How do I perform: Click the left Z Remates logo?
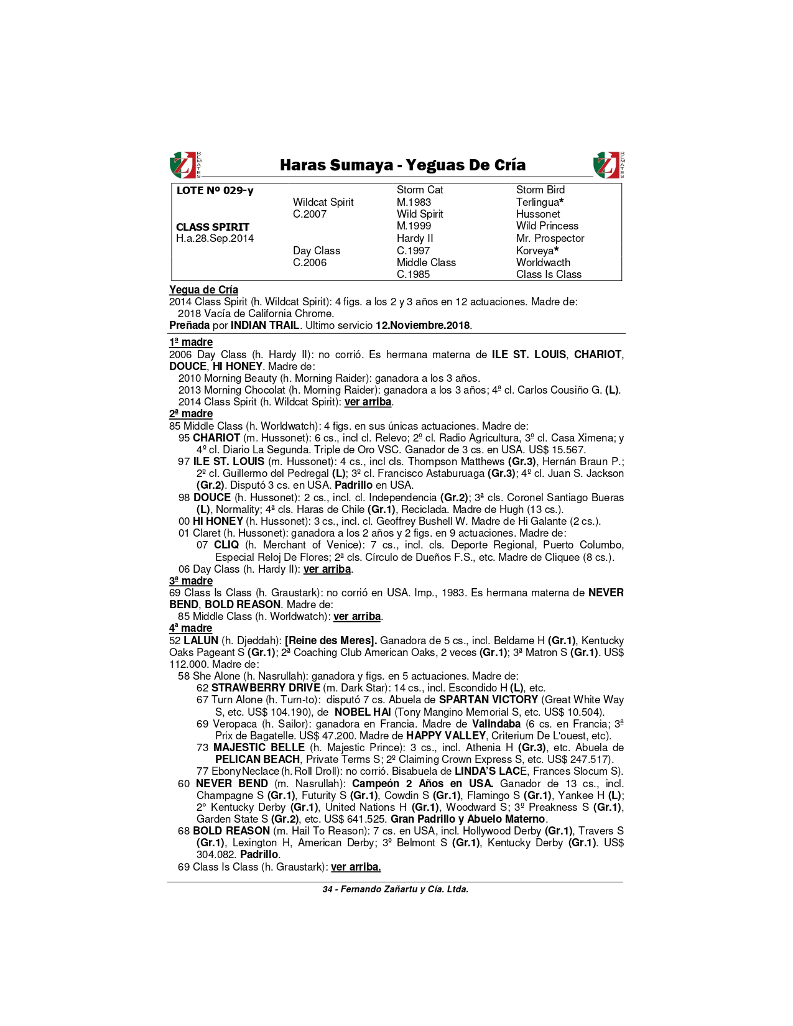point(185,165)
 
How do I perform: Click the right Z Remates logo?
point(609,165)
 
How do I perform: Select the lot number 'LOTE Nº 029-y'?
point(215,190)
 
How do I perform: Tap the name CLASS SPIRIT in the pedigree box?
point(213,227)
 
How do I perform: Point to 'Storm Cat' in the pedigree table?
point(420,190)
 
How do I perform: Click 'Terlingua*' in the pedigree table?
point(540,202)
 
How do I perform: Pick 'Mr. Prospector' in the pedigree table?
point(550,238)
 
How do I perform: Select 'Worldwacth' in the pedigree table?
point(543,262)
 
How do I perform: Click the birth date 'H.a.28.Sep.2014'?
point(215,239)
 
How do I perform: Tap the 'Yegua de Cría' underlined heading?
point(203,290)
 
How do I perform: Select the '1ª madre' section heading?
point(191,342)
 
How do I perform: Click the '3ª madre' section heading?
point(191,581)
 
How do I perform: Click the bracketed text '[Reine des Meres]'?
point(331,640)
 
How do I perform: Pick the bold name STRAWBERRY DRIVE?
point(266,688)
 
